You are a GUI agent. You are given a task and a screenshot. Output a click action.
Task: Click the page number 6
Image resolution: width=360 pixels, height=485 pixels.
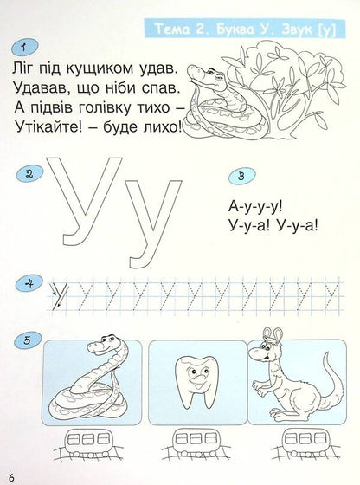pyautogui.click(x=11, y=475)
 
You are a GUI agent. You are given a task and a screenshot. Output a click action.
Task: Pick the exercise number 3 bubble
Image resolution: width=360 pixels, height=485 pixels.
pyautogui.click(x=241, y=176)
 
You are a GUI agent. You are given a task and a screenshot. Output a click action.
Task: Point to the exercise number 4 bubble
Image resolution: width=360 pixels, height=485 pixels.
pyautogui.click(x=29, y=281)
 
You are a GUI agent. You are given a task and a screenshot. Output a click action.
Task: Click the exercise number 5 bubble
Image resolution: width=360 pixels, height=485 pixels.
pyautogui.click(x=29, y=340)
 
